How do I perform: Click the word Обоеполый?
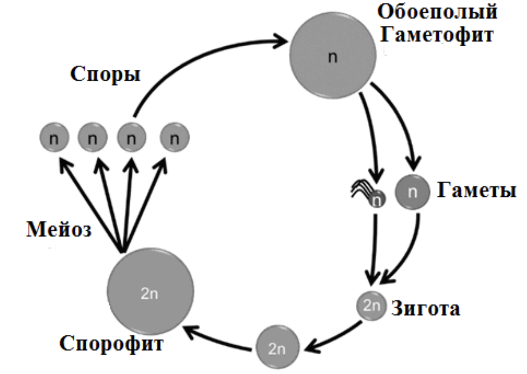coord(437,12)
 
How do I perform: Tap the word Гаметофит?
coord(438,35)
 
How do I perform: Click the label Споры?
coord(105,75)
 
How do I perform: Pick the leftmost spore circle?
coord(54,138)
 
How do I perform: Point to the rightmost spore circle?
coord(174,138)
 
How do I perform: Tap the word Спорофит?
coord(111,343)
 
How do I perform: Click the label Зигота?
coord(425,308)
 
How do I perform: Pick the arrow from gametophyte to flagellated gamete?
coord(373,139)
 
